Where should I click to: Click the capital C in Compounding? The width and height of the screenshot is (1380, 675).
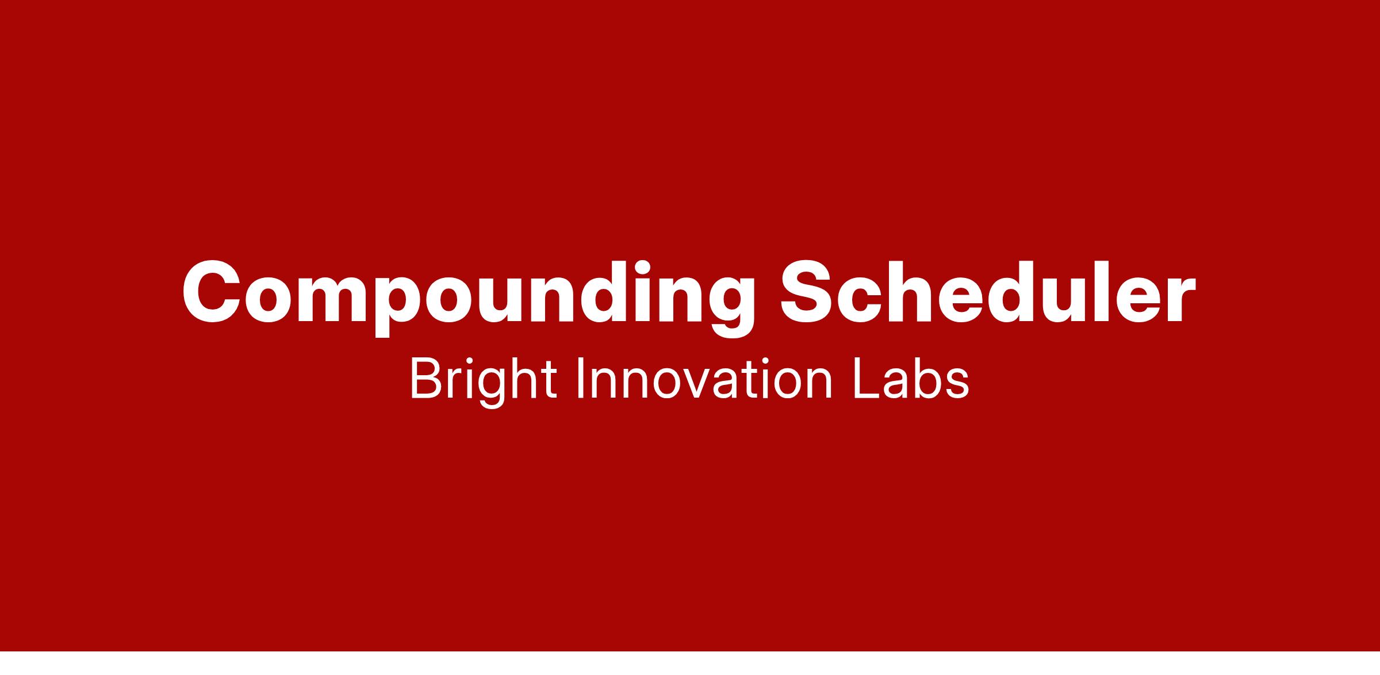(211, 292)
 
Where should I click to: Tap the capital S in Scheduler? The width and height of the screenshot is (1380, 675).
(807, 292)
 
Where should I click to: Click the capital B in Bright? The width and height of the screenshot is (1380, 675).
(425, 378)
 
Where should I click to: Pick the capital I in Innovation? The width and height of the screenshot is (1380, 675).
(580, 378)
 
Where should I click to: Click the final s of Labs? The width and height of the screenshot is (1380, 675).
(957, 384)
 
